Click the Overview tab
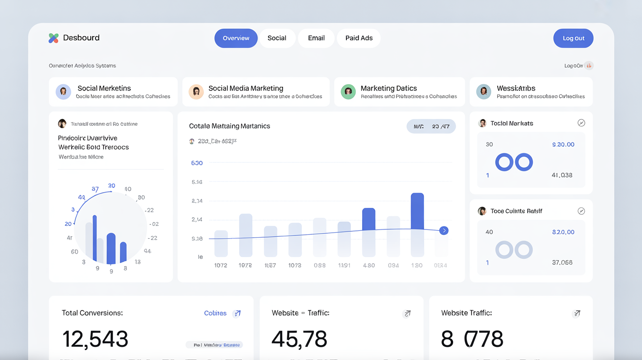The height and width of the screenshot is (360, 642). pyautogui.click(x=236, y=38)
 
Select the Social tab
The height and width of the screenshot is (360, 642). pyautogui.click(x=276, y=38)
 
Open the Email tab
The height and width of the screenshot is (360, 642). pyautogui.click(x=316, y=38)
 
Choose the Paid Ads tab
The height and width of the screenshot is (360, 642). pyautogui.click(x=359, y=38)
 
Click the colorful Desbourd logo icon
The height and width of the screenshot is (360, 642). pyautogui.click(x=54, y=38)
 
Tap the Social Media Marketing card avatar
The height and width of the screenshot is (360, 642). pyautogui.click(x=196, y=91)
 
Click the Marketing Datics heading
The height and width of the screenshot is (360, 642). pyautogui.click(x=389, y=88)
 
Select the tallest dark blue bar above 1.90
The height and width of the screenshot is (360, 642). pyautogui.click(x=417, y=211)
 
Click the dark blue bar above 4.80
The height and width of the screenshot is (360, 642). pyautogui.click(x=368, y=219)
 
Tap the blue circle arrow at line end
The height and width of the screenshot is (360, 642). pyautogui.click(x=444, y=230)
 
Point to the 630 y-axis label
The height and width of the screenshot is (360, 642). pyautogui.click(x=197, y=163)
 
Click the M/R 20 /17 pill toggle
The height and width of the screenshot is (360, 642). pyautogui.click(x=431, y=126)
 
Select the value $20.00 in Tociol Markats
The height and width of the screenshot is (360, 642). pyautogui.click(x=563, y=144)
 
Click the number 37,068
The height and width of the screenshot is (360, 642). pyautogui.click(x=562, y=262)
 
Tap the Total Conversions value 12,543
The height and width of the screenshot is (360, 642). pyautogui.click(x=95, y=339)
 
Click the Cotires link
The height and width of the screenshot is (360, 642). pyautogui.click(x=215, y=313)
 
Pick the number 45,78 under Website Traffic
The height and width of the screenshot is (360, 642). pyautogui.click(x=299, y=339)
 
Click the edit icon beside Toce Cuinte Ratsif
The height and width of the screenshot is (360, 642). pyautogui.click(x=581, y=211)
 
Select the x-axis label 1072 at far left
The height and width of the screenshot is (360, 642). pyautogui.click(x=221, y=265)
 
